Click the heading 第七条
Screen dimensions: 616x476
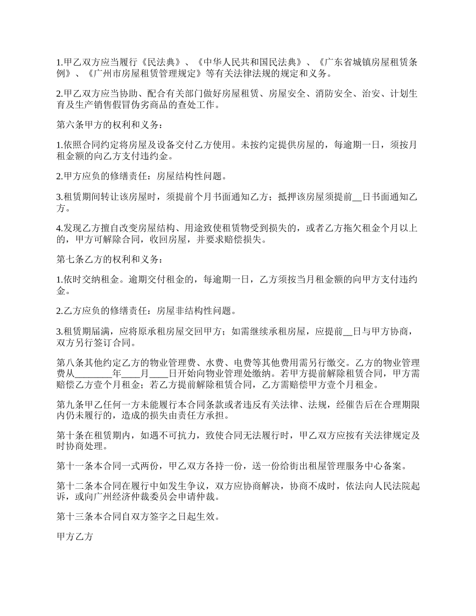pos(69,259)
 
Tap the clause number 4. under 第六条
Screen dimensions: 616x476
pos(59,228)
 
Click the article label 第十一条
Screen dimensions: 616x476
pos(73,466)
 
